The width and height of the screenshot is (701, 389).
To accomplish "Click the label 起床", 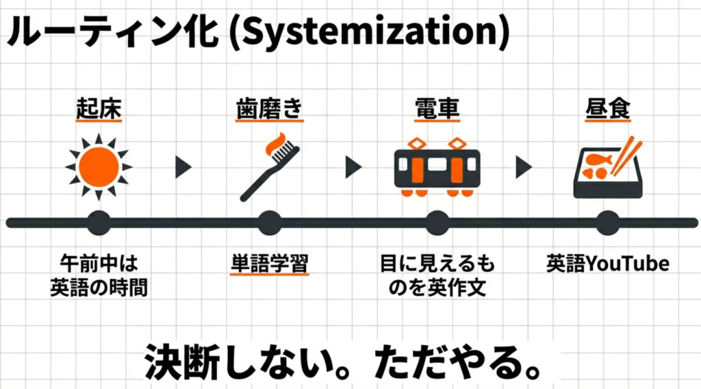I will click(x=98, y=110).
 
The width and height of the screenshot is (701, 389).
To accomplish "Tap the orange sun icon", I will click(x=99, y=166).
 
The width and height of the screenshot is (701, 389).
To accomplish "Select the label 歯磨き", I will click(x=268, y=110).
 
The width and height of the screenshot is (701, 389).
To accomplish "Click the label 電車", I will click(x=437, y=110).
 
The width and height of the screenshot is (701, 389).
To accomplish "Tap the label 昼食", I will click(x=607, y=110).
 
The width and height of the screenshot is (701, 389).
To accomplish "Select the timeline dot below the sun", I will click(x=99, y=223).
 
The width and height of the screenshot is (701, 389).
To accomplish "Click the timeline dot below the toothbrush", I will click(x=268, y=223).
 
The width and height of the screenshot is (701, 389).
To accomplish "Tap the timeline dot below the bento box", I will click(x=607, y=223).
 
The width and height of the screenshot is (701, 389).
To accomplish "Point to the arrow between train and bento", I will click(x=523, y=167).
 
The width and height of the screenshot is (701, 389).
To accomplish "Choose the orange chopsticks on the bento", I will click(x=623, y=156).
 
